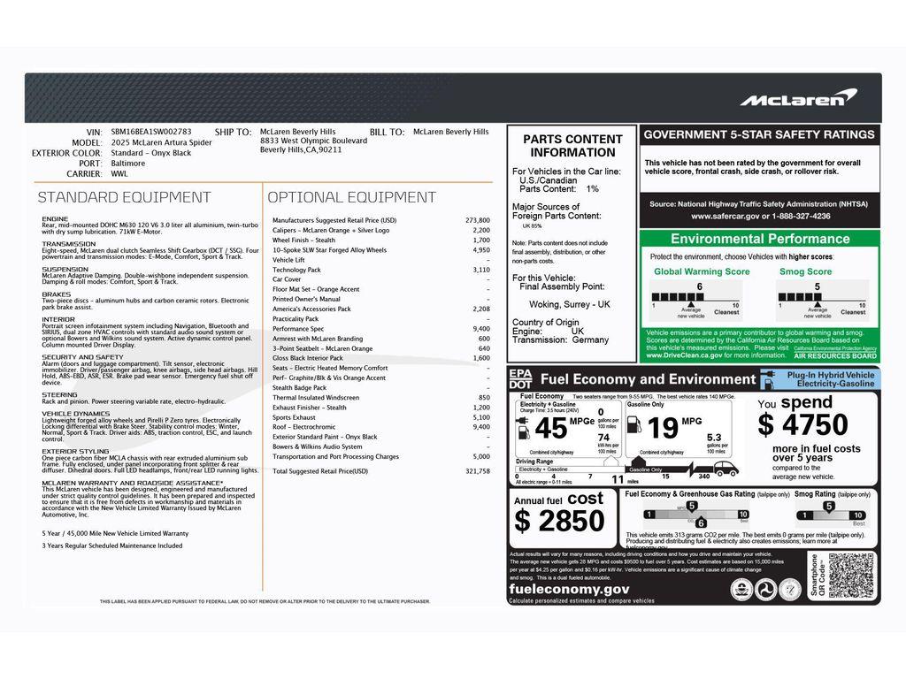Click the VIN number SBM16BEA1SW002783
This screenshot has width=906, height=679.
tap(151, 132)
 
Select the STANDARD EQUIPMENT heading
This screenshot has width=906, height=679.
tap(124, 197)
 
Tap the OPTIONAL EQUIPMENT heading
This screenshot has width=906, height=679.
tap(351, 197)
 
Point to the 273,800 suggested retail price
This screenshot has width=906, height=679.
tap(477, 220)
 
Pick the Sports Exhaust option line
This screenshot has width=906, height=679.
tap(294, 416)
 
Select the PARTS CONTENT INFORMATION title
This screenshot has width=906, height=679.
tap(572, 146)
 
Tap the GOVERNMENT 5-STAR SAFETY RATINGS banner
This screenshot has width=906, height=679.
tap(759, 135)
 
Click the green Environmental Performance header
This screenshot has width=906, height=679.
tap(759, 239)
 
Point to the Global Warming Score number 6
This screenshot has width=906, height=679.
tap(699, 286)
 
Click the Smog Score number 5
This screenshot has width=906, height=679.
tap(817, 286)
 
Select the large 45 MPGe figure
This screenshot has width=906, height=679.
tap(551, 428)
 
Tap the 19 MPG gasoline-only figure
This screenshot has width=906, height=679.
tap(663, 429)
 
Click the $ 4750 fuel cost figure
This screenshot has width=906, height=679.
tap(802, 424)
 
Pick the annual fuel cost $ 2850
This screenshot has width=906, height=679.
tap(560, 521)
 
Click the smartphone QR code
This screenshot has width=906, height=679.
tap(851, 576)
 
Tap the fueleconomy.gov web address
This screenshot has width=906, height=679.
tap(568, 589)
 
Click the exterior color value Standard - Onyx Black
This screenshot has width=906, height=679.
tap(151, 153)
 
